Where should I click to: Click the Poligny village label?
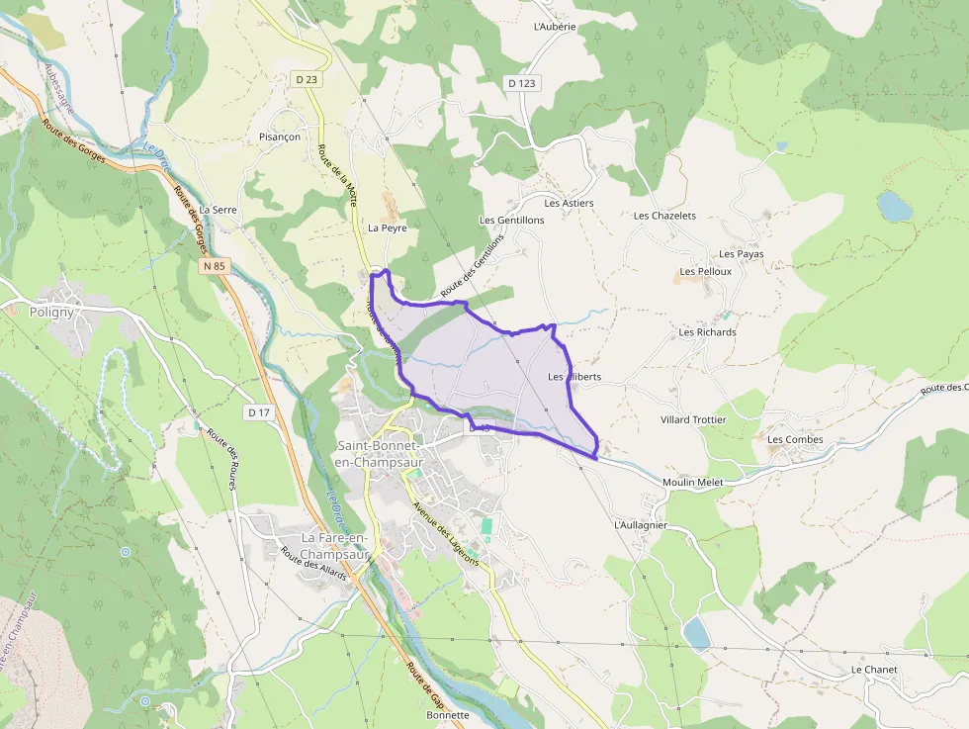pos(51,312)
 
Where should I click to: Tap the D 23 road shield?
pos(306,79)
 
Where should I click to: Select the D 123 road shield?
pos(522,84)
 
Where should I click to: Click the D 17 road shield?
pos(259,411)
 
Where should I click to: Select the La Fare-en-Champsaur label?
pos(334,546)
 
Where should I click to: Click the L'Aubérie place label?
pos(554,27)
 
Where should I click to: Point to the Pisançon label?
pos(279,137)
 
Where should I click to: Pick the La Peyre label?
pos(388,228)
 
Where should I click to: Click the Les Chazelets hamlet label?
pos(664,216)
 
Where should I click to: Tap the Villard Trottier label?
pos(693,419)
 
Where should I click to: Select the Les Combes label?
pos(795,439)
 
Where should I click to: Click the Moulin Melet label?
pos(693,482)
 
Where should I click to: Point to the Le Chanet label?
pos(874,670)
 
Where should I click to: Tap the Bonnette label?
pos(448,714)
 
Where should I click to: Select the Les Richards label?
pos(707,332)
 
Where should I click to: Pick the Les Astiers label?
pos(570,203)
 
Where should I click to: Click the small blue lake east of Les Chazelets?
pos(895,207)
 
